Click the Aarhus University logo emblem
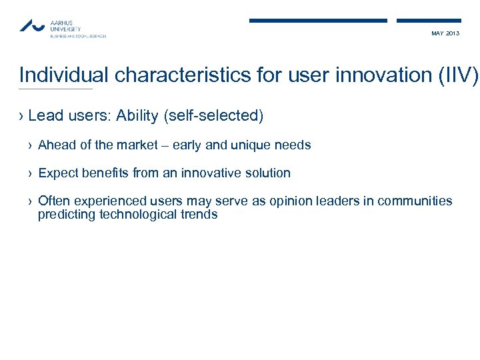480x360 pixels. click(32, 25)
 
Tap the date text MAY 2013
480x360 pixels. click(445, 33)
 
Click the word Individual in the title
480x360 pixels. click(65, 75)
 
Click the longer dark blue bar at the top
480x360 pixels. click(318, 21)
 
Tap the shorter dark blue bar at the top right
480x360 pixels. click(429, 21)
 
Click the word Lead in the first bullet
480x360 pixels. click(45, 116)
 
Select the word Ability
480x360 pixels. click(137, 116)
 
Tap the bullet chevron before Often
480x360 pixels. click(31, 201)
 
